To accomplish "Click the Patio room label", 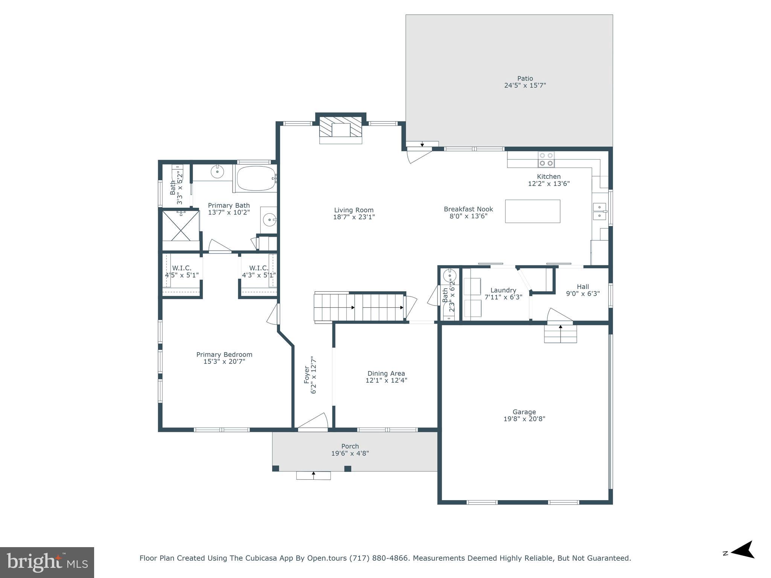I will tap(525, 79).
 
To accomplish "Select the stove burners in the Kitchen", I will tap(546, 159).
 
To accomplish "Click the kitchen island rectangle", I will tap(532, 211).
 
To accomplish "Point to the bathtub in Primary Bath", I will tap(256, 178).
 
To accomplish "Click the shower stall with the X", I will tap(181, 225).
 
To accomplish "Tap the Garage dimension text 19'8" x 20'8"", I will tap(524, 419).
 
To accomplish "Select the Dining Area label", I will tap(386, 373).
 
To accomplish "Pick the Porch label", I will tap(350, 446).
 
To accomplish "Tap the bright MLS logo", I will tap(47, 563).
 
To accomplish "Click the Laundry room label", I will tap(503, 290).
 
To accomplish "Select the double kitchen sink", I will tap(599, 211).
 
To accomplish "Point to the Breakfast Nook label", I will tap(468, 209).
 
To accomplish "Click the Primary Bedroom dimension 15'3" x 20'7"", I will tap(224, 362).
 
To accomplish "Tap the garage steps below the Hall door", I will tap(560, 334).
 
